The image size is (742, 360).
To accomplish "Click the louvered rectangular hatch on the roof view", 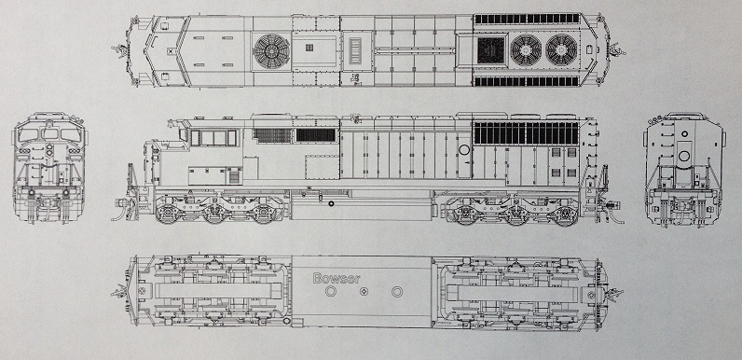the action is tap(357, 49).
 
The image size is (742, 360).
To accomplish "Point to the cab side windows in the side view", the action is tap(213, 138).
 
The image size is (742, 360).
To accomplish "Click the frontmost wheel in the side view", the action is tap(174, 214).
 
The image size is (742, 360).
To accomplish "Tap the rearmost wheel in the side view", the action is tap(562, 214).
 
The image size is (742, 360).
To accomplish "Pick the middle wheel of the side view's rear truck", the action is tap(515, 214).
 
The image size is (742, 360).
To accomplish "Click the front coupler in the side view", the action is tap(121, 201).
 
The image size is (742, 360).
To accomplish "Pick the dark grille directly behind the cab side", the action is tap(273, 136).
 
